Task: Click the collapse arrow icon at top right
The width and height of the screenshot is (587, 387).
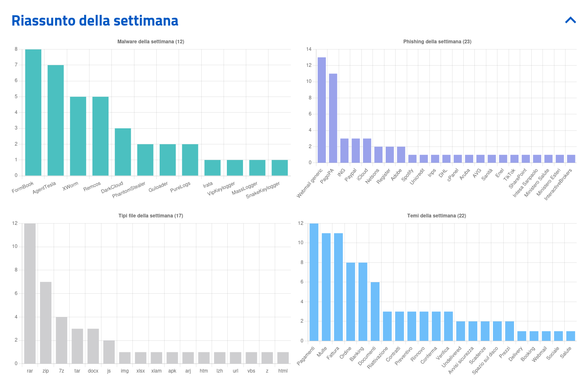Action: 570,20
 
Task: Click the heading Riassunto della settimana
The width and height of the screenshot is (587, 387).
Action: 95,21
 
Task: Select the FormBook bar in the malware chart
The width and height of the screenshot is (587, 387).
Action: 33,112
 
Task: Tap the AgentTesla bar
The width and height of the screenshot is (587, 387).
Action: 56,120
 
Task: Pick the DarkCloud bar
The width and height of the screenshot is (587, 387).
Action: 123,152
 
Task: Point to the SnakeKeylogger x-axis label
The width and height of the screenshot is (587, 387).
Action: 263,189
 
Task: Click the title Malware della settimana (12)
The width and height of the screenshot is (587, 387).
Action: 151,42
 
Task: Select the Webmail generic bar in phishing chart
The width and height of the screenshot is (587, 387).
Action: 322,110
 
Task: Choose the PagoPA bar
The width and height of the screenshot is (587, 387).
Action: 333,118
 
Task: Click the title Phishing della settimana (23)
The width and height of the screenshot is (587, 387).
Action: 437,42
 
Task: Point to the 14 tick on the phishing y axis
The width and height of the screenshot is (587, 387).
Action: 309,49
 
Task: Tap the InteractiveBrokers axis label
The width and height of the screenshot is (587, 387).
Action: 558,184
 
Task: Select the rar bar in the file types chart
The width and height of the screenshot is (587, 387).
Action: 30,293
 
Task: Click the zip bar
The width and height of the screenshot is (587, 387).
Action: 46,323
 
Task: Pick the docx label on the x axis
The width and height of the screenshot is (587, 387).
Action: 93,371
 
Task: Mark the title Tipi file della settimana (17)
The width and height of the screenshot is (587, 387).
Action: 151,216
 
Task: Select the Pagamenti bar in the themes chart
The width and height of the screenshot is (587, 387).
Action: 314,282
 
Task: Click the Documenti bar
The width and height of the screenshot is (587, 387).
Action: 375,311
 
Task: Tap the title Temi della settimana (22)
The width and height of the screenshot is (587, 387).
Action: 436,216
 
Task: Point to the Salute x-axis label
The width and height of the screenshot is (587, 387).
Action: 566,352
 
